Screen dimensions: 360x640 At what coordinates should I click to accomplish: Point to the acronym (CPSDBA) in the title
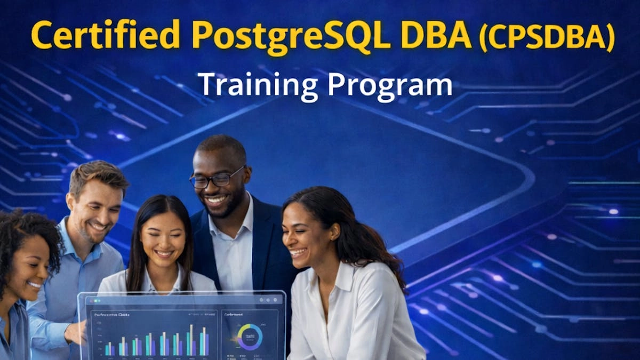[547, 37]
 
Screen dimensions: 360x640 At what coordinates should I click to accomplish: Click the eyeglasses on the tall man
[216, 179]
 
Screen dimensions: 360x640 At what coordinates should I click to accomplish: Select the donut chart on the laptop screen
[250, 337]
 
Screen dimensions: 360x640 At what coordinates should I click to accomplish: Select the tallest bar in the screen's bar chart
[191, 340]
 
